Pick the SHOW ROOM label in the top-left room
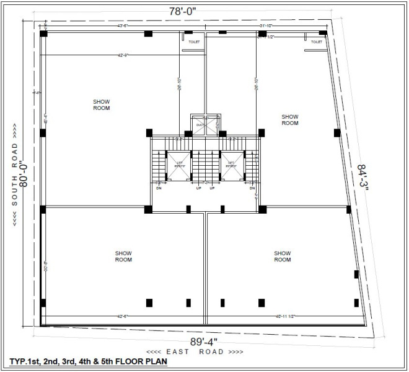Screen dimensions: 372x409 tap(102, 104)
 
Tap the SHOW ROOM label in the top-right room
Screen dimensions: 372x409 tap(290, 119)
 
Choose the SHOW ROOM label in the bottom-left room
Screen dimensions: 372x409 tap(123, 256)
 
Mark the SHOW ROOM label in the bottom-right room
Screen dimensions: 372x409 tap(283, 256)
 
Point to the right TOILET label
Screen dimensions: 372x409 tap(316, 42)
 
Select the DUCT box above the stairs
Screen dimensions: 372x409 tap(200, 124)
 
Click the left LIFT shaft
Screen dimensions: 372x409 tap(179, 165)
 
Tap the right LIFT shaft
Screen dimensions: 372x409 tap(230, 165)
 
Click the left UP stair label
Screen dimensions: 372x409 tap(198, 188)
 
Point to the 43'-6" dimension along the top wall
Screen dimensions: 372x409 tap(123, 26)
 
